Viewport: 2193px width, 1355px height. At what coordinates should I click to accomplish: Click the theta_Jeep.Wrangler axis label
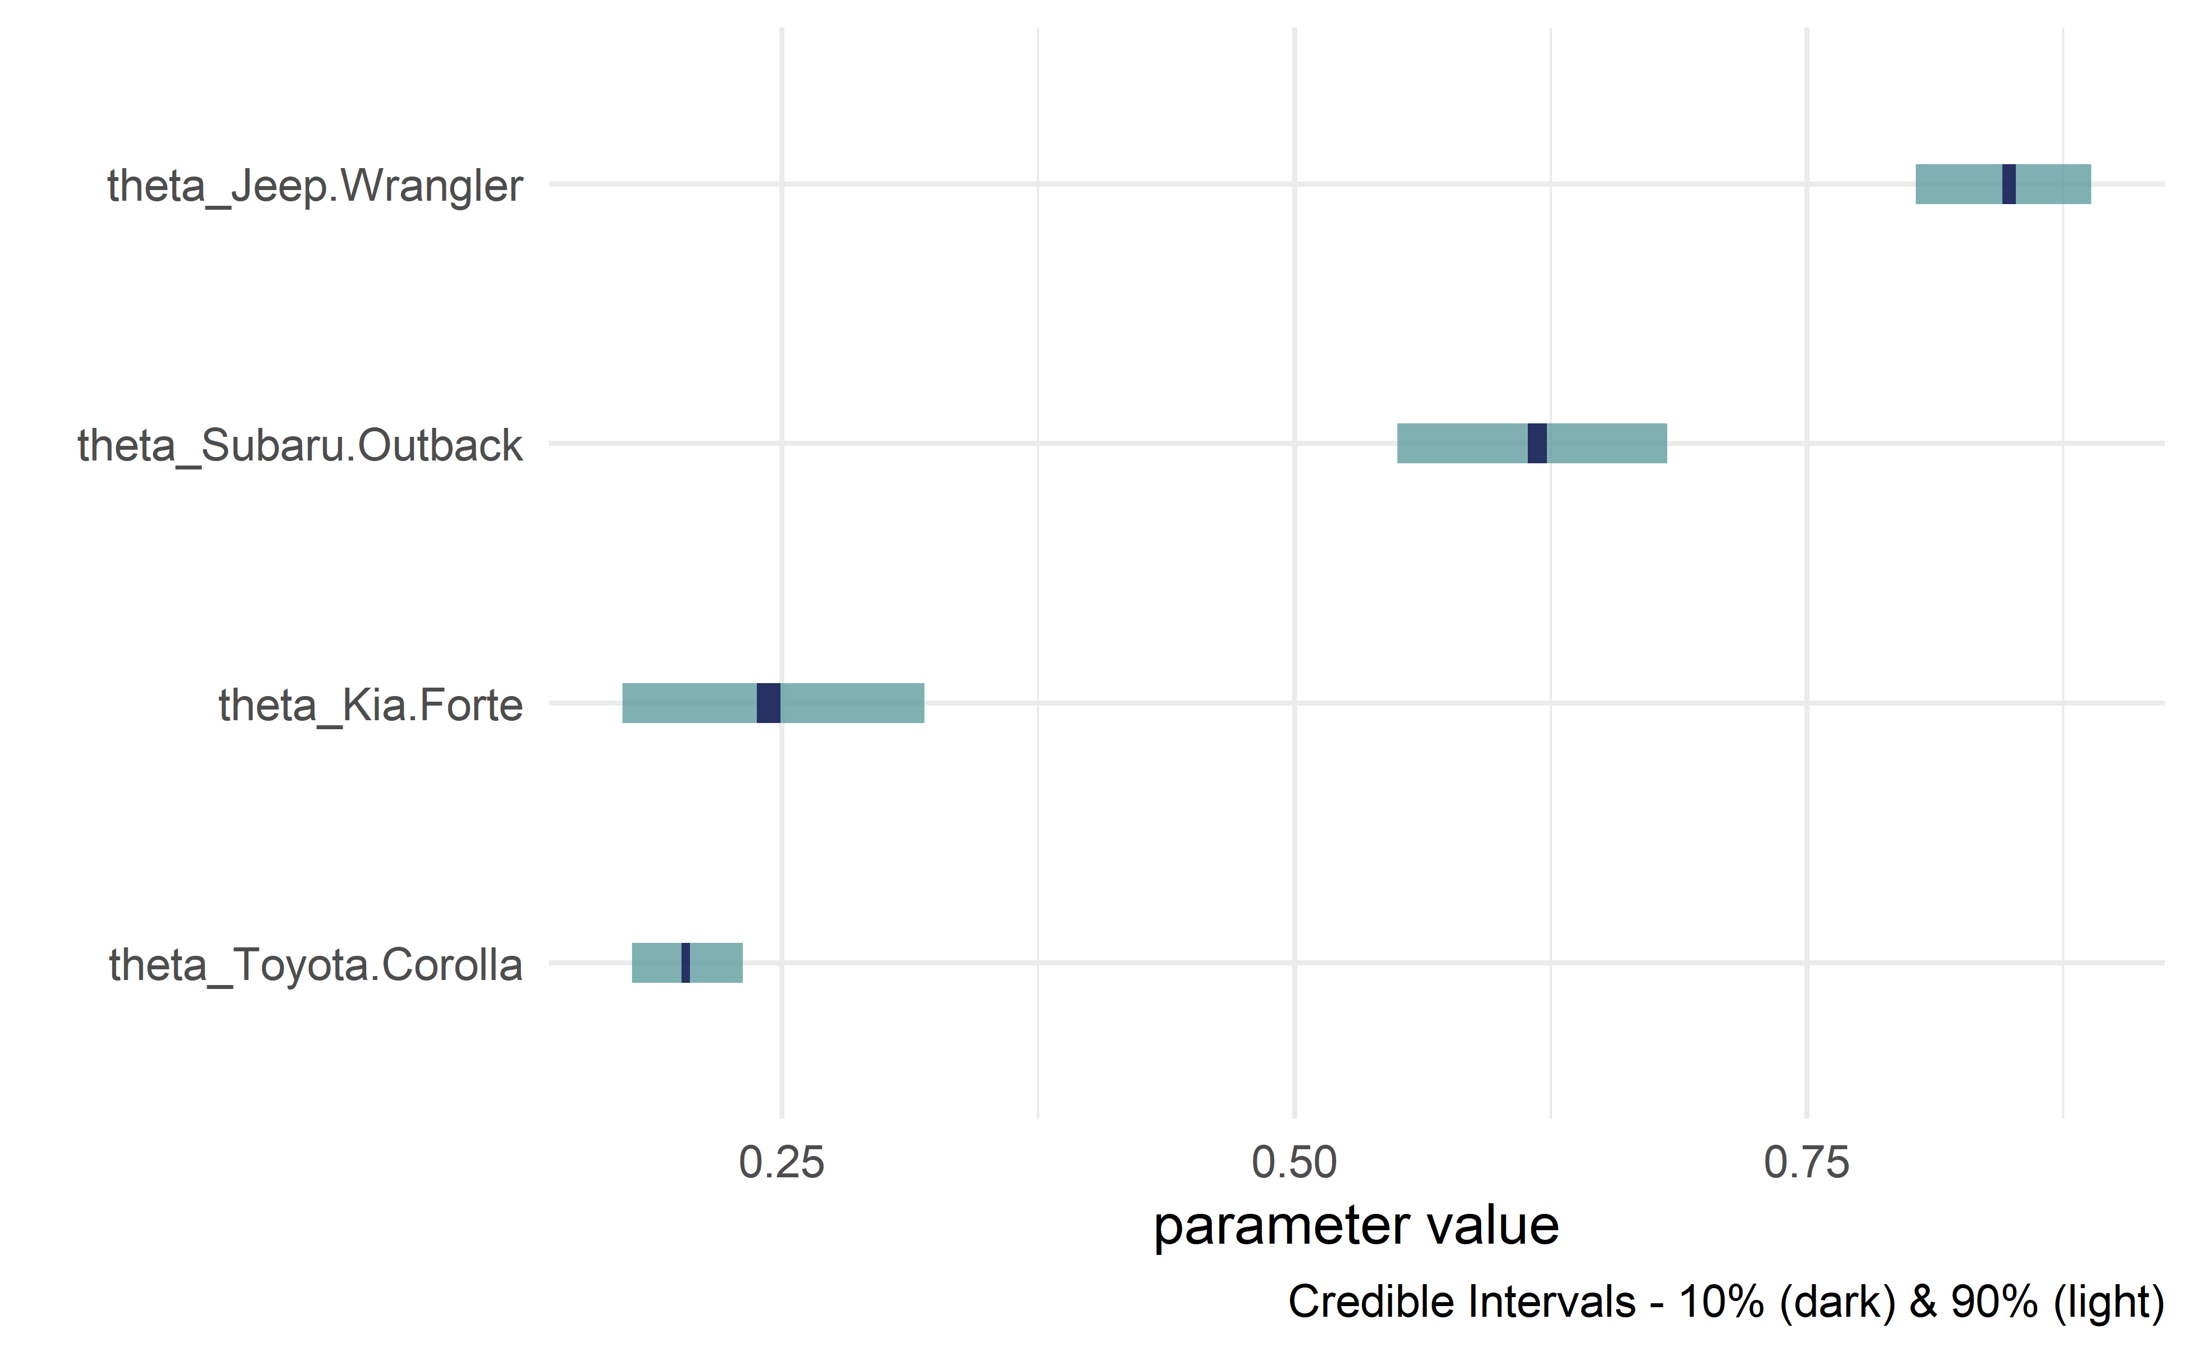[x=314, y=187]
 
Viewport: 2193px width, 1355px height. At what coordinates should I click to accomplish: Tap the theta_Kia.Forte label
[x=370, y=705]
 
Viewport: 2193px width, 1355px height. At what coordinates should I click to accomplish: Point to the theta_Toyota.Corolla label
[x=315, y=965]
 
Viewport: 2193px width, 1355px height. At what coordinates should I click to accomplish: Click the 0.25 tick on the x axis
[x=782, y=1163]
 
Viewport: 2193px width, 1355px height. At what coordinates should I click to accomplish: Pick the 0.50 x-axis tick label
[x=1294, y=1163]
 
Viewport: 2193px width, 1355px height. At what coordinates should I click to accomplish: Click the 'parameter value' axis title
[x=1356, y=1226]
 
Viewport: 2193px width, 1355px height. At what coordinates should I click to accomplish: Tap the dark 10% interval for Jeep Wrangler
[x=2009, y=184]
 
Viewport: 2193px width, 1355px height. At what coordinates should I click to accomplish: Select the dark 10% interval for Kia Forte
[x=768, y=703]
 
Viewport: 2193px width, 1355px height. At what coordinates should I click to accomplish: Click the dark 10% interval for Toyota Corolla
[x=685, y=963]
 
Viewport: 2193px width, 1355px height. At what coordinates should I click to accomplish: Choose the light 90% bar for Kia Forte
[x=851, y=703]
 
